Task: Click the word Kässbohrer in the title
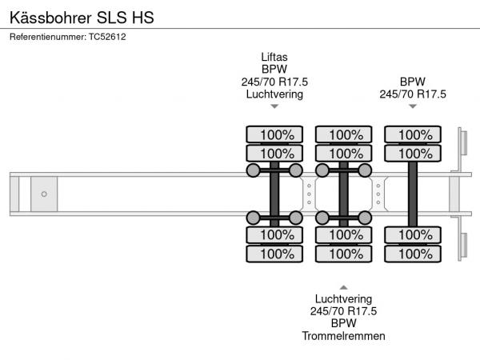point(43,17)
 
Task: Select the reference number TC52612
point(106,37)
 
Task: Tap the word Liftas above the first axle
point(274,57)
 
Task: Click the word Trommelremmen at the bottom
point(343,336)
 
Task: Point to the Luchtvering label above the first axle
point(274,94)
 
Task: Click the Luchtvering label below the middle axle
point(343,298)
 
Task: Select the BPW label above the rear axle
point(413,82)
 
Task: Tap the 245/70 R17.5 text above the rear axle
point(413,94)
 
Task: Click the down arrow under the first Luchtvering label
point(274,106)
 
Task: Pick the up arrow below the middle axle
point(343,286)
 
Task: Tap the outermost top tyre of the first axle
point(274,134)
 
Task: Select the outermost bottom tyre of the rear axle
point(413,254)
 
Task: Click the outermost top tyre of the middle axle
point(343,134)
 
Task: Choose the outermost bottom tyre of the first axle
point(274,254)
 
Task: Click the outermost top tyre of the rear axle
point(413,134)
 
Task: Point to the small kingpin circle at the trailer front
point(44,194)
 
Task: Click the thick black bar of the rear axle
point(413,194)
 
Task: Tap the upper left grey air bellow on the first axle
point(253,170)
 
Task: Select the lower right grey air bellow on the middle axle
point(365,217)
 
